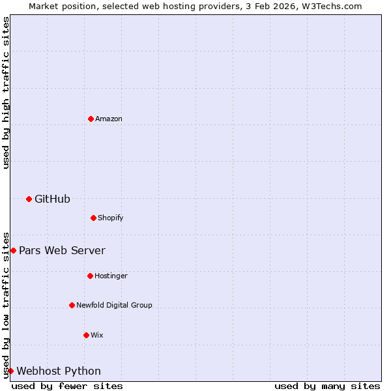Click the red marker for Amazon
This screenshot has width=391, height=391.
click(x=91, y=119)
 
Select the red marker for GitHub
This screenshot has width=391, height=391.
click(x=29, y=199)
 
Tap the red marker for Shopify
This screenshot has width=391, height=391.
click(x=93, y=218)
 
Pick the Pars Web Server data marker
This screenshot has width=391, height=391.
click(x=13, y=250)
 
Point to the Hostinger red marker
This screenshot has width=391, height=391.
click(x=90, y=276)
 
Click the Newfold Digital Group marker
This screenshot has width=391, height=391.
click(x=72, y=305)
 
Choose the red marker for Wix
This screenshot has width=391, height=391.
click(x=86, y=335)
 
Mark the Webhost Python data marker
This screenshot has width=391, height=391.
click(x=10, y=371)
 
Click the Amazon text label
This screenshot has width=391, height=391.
click(x=109, y=119)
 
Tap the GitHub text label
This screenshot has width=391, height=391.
click(x=52, y=199)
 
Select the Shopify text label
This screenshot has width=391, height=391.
click(x=111, y=218)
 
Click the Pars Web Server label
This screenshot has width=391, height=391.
click(x=62, y=250)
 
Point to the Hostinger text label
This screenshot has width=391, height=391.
click(x=111, y=276)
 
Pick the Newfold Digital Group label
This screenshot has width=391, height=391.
click(x=114, y=305)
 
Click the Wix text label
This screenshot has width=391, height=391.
click(x=97, y=335)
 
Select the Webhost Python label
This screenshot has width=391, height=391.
click(x=59, y=371)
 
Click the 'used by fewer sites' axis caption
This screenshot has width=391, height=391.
click(x=67, y=386)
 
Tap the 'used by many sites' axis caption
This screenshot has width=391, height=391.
click(x=327, y=386)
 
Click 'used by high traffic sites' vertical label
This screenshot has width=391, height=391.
click(x=6, y=93)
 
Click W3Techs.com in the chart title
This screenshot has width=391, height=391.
click(x=332, y=6)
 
